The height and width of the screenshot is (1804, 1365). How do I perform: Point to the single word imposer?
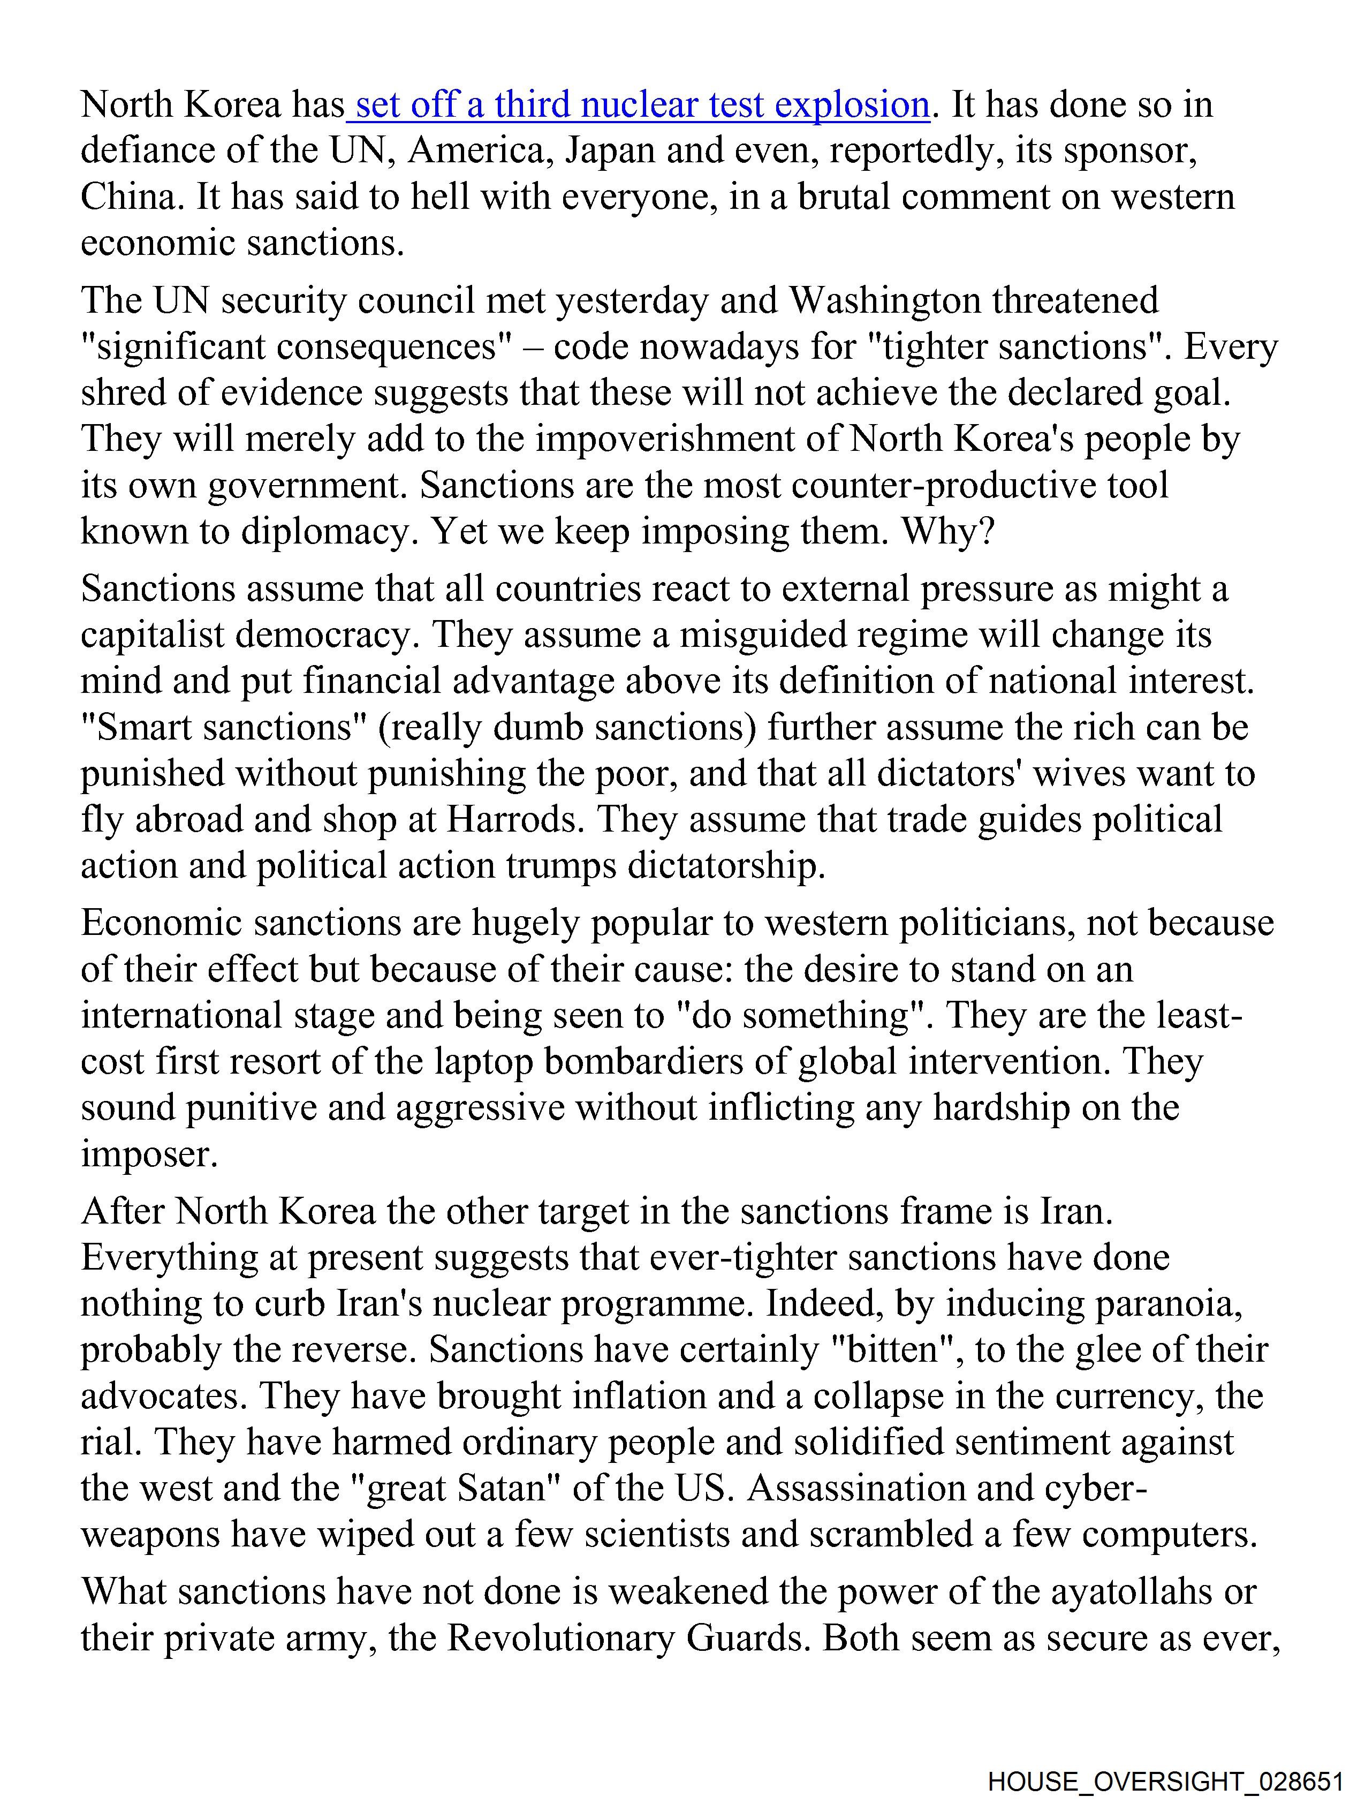[x=149, y=1154]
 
